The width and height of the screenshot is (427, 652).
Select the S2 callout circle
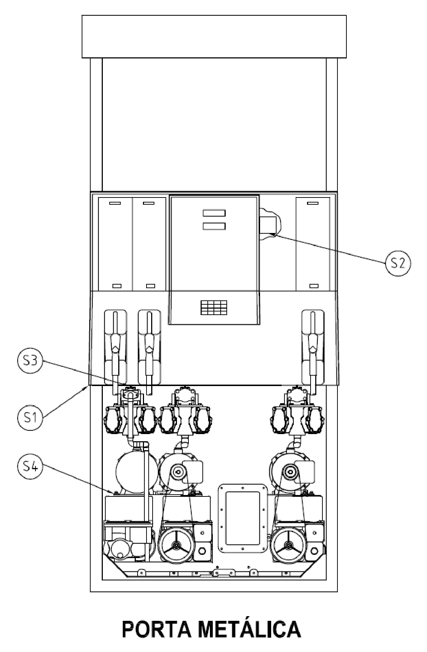click(398, 263)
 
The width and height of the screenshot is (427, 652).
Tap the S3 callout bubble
click(30, 361)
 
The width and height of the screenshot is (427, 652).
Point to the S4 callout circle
click(30, 466)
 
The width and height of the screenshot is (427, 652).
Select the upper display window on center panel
click(214, 213)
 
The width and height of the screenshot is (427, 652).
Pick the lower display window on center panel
click(214, 226)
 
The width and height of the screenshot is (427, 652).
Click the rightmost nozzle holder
click(313, 347)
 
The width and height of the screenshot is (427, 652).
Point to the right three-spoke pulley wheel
click(288, 545)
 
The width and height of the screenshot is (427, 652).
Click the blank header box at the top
click(214, 37)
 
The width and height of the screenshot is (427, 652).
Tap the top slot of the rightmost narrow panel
click(313, 203)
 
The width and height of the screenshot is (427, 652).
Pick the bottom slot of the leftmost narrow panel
click(117, 286)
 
